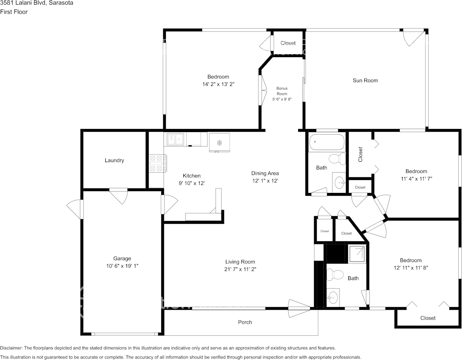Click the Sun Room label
365,80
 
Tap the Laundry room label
114,160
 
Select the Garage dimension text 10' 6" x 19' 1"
122,266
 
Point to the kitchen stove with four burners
157,163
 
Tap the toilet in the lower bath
335,274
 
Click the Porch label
245,322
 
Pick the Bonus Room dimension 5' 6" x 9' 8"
282,99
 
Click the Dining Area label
265,173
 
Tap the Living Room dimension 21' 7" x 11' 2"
240,269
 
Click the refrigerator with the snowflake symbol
219,142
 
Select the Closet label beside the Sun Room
288,43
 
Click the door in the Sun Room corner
414,37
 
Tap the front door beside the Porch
299,308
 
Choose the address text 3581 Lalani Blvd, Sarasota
37,3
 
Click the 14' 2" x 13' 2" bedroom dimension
218,84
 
